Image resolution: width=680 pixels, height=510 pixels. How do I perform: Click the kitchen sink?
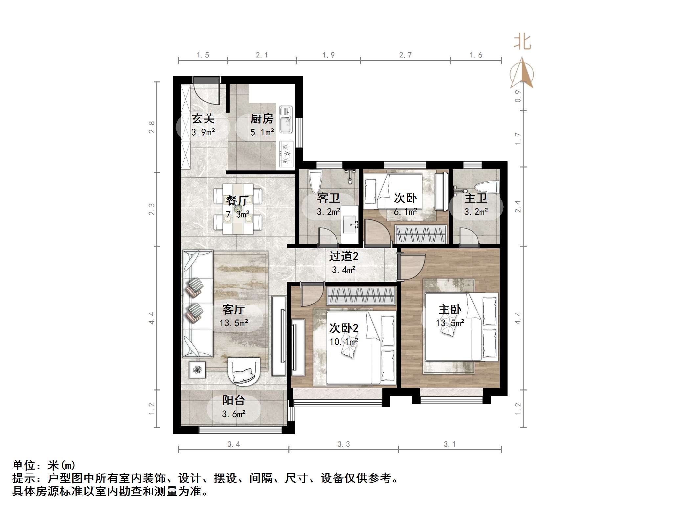coord(286,120)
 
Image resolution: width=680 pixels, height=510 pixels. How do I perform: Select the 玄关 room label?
coord(203,119)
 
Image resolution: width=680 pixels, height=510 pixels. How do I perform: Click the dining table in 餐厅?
coord(238,209)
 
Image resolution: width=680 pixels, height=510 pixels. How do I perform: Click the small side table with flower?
coord(197,370)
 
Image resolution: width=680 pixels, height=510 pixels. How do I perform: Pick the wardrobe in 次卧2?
coord(361,295)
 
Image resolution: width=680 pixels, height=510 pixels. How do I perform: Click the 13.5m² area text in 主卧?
coord(450,323)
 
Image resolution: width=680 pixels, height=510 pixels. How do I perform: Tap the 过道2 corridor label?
coord(344,256)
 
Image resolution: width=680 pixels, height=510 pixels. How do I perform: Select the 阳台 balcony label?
coord(234,400)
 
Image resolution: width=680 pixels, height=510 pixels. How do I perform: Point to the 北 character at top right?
coord(522,43)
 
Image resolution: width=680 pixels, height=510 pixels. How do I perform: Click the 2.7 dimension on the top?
coord(405,55)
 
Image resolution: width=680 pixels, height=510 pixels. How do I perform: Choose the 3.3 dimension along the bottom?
coord(344,444)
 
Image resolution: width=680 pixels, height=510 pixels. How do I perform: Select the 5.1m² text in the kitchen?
coord(262,132)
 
